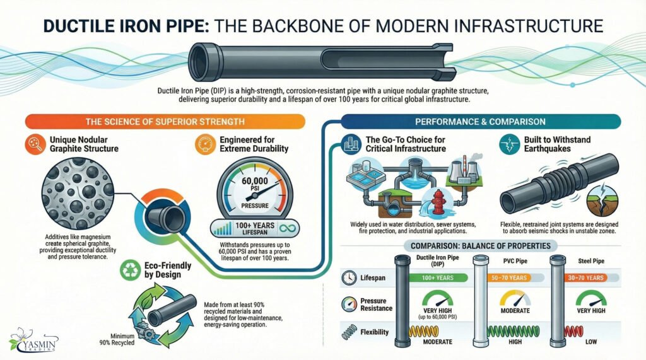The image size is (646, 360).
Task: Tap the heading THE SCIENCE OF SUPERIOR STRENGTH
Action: (166, 121)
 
